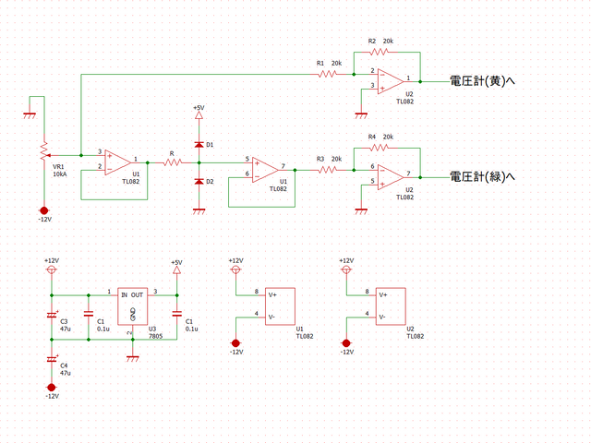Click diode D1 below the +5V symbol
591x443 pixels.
(x=199, y=145)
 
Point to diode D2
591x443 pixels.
(x=199, y=181)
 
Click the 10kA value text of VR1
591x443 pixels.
(x=60, y=174)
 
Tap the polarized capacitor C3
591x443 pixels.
(x=52, y=315)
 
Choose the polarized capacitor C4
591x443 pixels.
(x=52, y=358)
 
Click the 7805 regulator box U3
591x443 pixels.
(x=132, y=305)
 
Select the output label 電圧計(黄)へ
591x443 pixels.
(x=481, y=80)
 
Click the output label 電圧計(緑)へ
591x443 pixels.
(x=481, y=175)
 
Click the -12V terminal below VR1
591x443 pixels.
(x=42, y=210)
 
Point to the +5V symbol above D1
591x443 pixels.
(x=199, y=115)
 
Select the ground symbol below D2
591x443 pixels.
(x=199, y=210)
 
